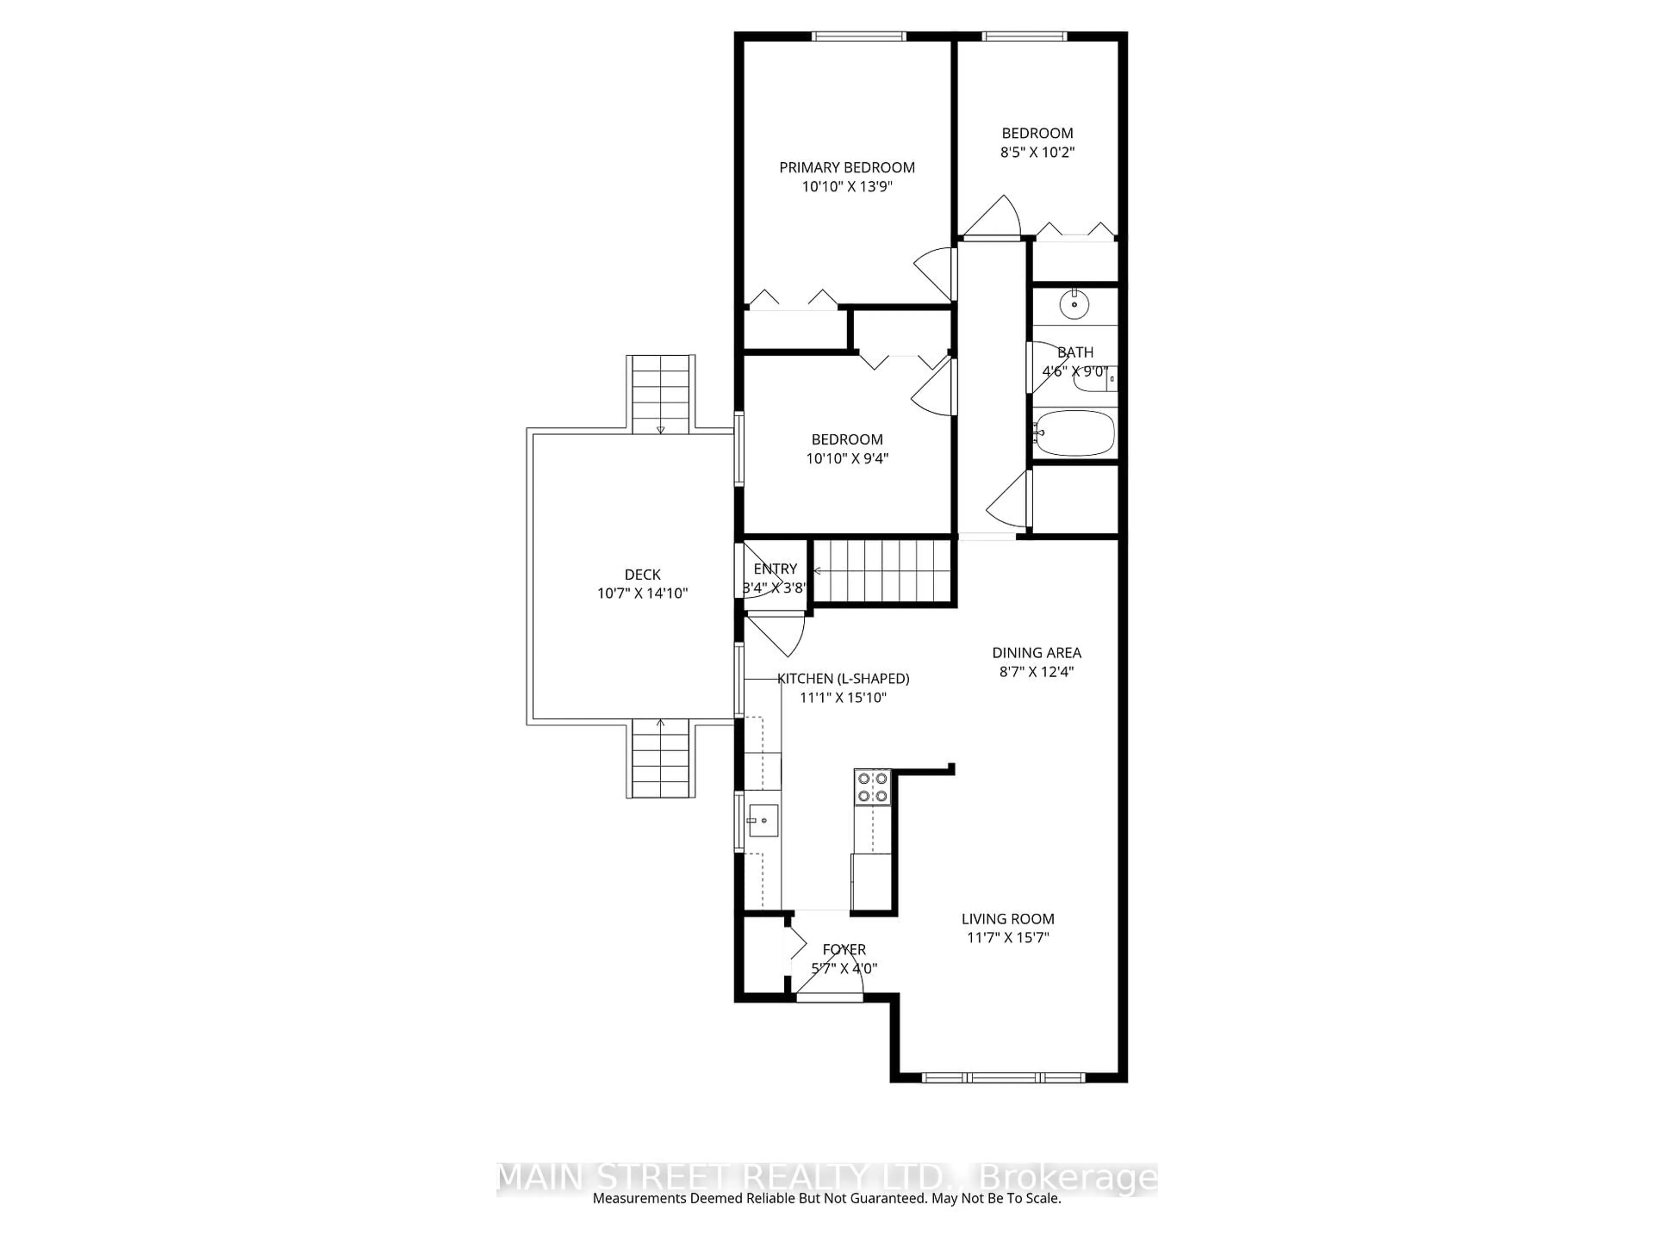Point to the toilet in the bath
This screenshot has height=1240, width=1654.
click(1095, 379)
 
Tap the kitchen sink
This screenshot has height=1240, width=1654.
click(763, 820)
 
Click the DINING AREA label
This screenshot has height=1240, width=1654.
click(1036, 653)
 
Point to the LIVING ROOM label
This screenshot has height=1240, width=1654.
click(1008, 919)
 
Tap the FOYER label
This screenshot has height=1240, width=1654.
click(844, 949)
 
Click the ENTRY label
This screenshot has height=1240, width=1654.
click(775, 569)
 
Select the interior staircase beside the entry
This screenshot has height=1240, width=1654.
click(882, 570)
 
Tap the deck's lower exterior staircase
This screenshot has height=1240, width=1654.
click(660, 758)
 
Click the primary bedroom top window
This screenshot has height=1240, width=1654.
click(859, 36)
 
